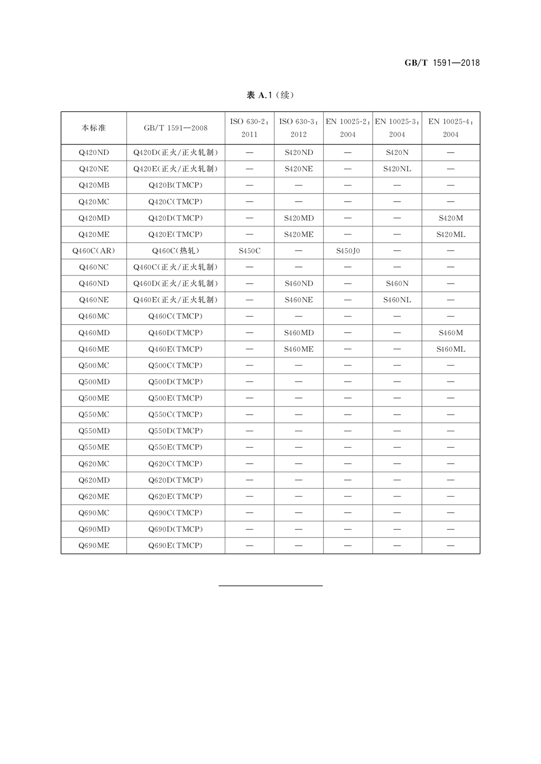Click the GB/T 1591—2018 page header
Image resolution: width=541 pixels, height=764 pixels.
(x=442, y=63)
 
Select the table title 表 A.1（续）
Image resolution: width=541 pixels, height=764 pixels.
(x=270, y=95)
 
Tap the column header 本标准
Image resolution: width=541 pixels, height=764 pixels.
(x=94, y=128)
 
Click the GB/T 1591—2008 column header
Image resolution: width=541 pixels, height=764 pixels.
(x=175, y=128)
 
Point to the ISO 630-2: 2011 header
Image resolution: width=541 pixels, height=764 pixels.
(x=249, y=128)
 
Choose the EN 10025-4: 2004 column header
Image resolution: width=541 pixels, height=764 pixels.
(x=450, y=128)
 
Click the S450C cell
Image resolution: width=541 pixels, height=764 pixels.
(x=249, y=251)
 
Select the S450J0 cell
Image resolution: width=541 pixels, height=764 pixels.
(x=348, y=251)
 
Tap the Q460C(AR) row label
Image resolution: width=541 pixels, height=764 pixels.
(x=94, y=251)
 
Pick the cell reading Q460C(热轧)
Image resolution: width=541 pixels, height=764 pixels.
(x=175, y=251)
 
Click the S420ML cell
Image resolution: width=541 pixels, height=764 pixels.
(x=450, y=235)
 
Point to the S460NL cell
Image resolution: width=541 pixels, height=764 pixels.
(x=397, y=300)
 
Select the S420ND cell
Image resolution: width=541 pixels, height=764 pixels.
(x=298, y=153)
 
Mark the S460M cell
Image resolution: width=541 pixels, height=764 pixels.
(x=450, y=333)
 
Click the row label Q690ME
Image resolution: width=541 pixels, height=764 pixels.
(x=94, y=546)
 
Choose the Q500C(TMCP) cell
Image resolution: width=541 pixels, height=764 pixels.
(x=175, y=366)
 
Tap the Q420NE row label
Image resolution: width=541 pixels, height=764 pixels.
(x=94, y=169)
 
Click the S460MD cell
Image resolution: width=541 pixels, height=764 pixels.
(x=298, y=333)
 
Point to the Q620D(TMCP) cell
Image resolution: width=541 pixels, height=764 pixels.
(x=175, y=480)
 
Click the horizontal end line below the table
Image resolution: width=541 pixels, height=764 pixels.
(x=270, y=586)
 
